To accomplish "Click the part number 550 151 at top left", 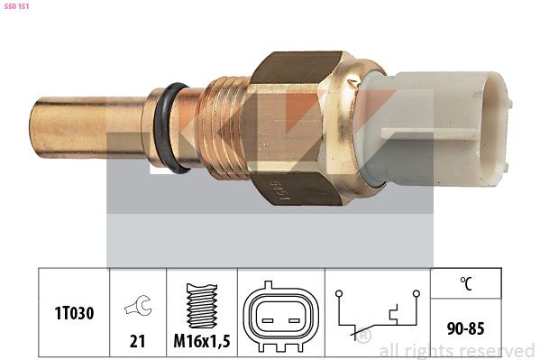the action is click(16, 6).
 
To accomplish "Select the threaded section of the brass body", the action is click(226, 128).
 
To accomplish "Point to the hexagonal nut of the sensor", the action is click(293, 128).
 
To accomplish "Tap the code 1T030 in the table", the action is click(74, 313).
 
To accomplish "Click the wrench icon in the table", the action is click(139, 306).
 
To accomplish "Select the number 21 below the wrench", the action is click(137, 341).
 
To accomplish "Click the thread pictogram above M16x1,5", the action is click(202, 306).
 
